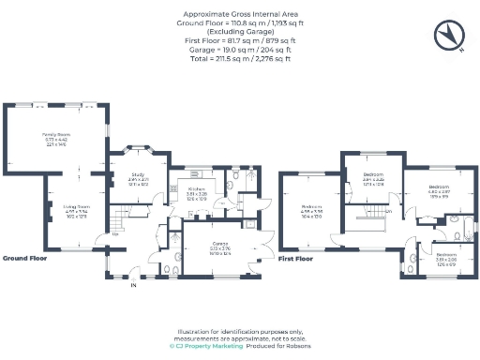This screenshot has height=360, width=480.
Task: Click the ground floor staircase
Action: (x=120, y=222)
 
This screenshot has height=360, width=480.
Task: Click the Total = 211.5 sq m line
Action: (x=239, y=58)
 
